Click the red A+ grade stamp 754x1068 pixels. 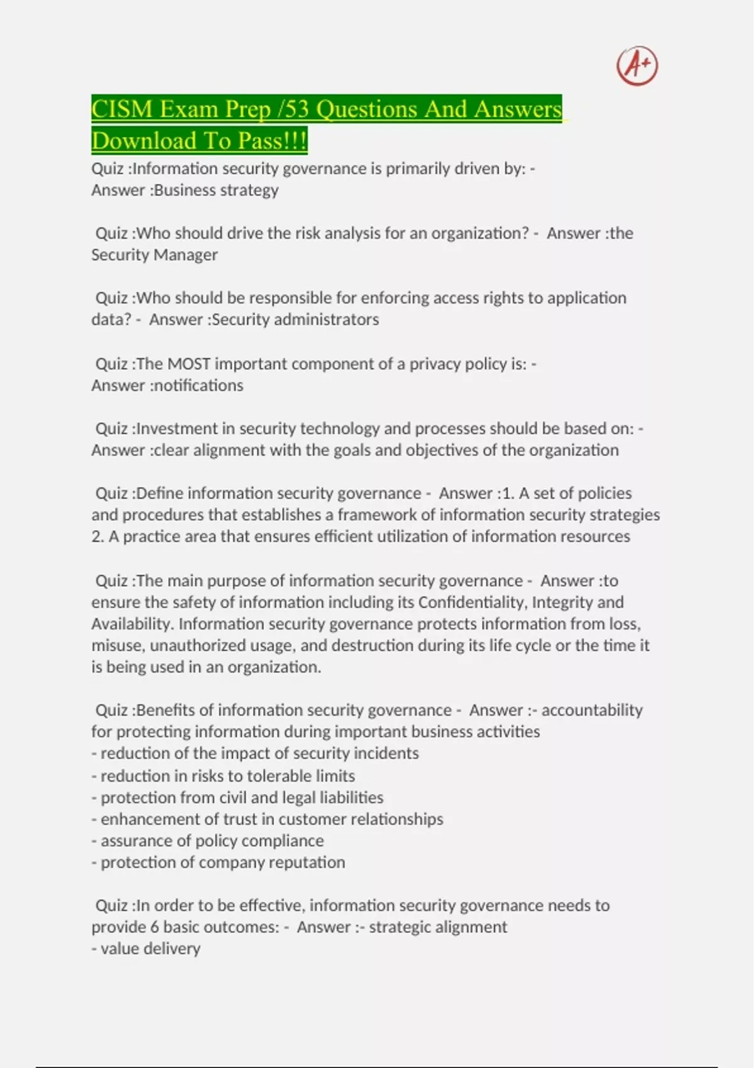tap(637, 65)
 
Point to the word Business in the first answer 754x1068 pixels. tap(182, 190)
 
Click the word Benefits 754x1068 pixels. tap(165, 711)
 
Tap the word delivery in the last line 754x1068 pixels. tap(172, 949)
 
